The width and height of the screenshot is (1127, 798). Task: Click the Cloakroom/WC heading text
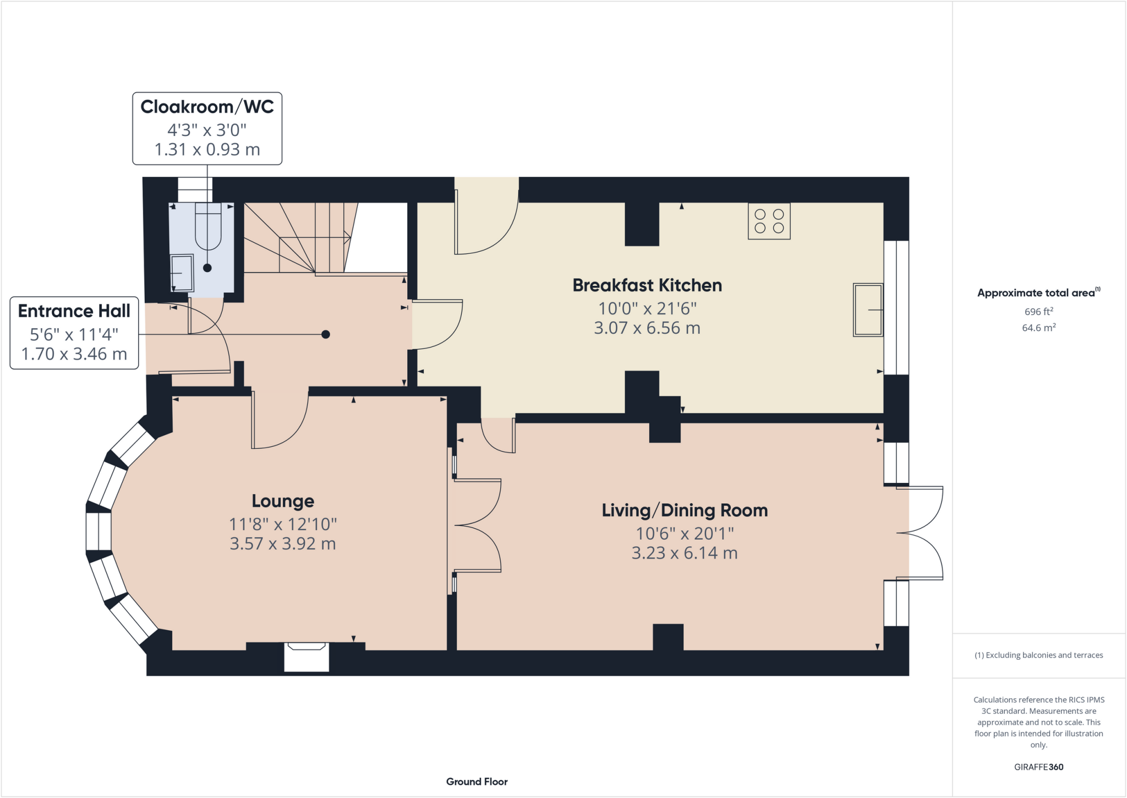pos(207,106)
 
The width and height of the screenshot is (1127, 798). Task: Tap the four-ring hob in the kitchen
pos(769,221)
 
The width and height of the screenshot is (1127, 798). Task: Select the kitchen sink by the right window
pos(868,310)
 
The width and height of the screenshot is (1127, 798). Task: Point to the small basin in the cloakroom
pos(182,273)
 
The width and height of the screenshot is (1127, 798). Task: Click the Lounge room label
pos(283,501)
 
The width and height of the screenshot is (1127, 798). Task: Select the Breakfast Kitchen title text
pos(647,285)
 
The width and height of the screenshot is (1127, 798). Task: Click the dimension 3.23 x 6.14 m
pos(684,553)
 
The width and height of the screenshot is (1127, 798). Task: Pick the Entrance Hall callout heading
pos(74,311)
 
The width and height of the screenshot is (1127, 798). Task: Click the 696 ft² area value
pos(1038,312)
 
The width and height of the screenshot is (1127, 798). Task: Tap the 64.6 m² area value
pos(1038,328)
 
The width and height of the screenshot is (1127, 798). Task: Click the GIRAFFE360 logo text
pos(1038,767)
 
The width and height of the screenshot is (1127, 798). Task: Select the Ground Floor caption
pos(477,781)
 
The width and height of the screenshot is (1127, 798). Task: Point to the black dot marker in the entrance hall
pos(326,334)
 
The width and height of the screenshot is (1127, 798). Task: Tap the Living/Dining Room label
pos(685,510)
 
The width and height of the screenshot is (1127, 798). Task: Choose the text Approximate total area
pos(1036,293)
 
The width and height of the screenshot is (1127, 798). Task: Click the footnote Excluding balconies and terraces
pos(1038,655)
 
